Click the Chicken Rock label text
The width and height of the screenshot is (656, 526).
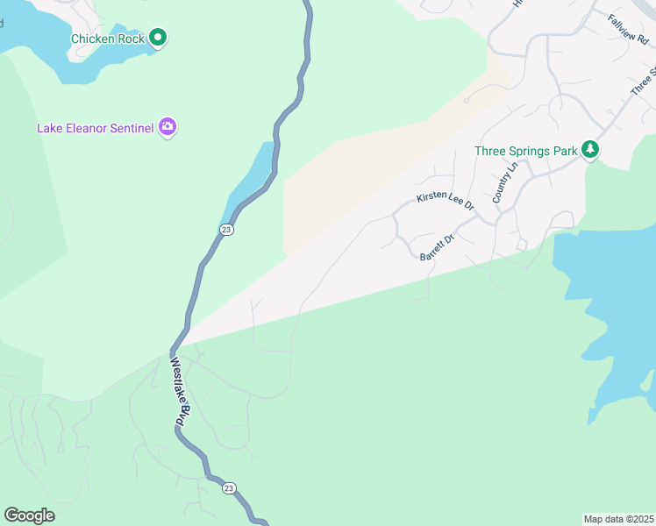(107, 39)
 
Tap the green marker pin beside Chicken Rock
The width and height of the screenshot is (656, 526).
(158, 38)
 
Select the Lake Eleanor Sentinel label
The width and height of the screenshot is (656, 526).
(95, 128)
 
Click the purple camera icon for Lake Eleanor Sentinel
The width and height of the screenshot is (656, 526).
(168, 128)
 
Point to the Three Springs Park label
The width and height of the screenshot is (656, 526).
(525, 151)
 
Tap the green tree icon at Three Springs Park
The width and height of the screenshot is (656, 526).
(591, 151)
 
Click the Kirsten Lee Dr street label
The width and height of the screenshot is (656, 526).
(446, 202)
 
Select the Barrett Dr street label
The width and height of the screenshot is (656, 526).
(437, 246)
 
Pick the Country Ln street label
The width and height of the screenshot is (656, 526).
(506, 182)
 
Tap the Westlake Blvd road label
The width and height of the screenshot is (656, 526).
(177, 391)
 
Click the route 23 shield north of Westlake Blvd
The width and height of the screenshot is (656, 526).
(226, 229)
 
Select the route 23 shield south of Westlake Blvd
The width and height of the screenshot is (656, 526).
(229, 487)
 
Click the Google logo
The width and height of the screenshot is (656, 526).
(29, 515)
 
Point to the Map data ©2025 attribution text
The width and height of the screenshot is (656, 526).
(618, 518)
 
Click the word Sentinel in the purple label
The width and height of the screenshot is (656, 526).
(131, 128)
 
